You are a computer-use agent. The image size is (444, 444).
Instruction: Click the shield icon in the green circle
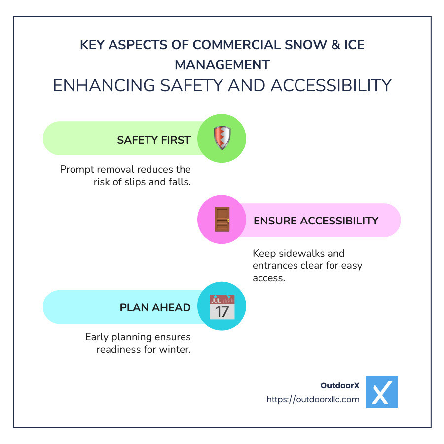pos(222,139)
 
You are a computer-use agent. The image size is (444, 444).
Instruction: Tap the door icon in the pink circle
pos(222,220)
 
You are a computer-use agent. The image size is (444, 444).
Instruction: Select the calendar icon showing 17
pos(222,306)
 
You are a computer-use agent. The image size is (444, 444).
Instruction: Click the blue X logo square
pos(382,392)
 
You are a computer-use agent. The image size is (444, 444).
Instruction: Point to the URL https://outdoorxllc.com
pos(313,399)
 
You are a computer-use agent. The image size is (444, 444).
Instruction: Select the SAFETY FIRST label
pos(153,140)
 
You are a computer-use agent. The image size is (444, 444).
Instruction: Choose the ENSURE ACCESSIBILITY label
pos(316,221)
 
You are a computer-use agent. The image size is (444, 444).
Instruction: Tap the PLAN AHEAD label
pos(155,307)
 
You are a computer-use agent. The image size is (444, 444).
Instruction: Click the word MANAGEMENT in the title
pos(222,64)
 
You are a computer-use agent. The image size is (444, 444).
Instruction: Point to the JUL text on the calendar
pos(216,299)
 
